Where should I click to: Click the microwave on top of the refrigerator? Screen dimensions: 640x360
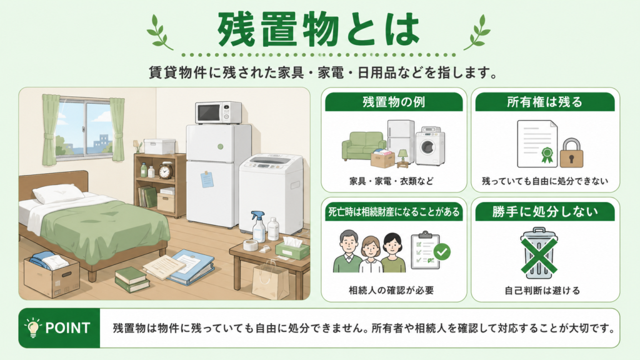(218, 112)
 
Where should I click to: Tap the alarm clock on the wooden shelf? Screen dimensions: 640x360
(165, 171)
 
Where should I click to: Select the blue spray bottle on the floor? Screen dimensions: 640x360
(258, 226)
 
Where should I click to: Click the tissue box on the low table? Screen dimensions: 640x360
(292, 247)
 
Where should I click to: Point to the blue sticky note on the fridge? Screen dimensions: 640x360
(207, 179)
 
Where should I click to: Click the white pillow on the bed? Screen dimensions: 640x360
(55, 193)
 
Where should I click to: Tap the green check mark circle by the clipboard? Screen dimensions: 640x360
(442, 252)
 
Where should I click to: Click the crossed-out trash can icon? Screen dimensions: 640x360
(539, 253)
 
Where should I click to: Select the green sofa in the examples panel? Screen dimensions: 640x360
(363, 145)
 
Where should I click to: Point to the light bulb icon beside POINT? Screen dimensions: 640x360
(33, 327)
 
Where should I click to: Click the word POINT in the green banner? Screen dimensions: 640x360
(67, 327)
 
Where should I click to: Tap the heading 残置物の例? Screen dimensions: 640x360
(394, 102)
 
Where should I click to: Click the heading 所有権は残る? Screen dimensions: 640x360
(545, 102)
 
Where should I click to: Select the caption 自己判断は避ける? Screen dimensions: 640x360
(542, 291)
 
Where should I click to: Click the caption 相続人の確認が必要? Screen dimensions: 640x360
(391, 290)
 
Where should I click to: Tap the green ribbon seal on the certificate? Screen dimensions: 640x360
(547, 155)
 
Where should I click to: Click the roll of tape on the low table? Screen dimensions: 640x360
(250, 245)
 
